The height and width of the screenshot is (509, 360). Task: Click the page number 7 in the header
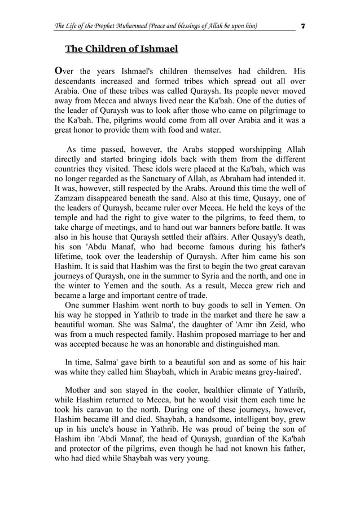tap(304, 26)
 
